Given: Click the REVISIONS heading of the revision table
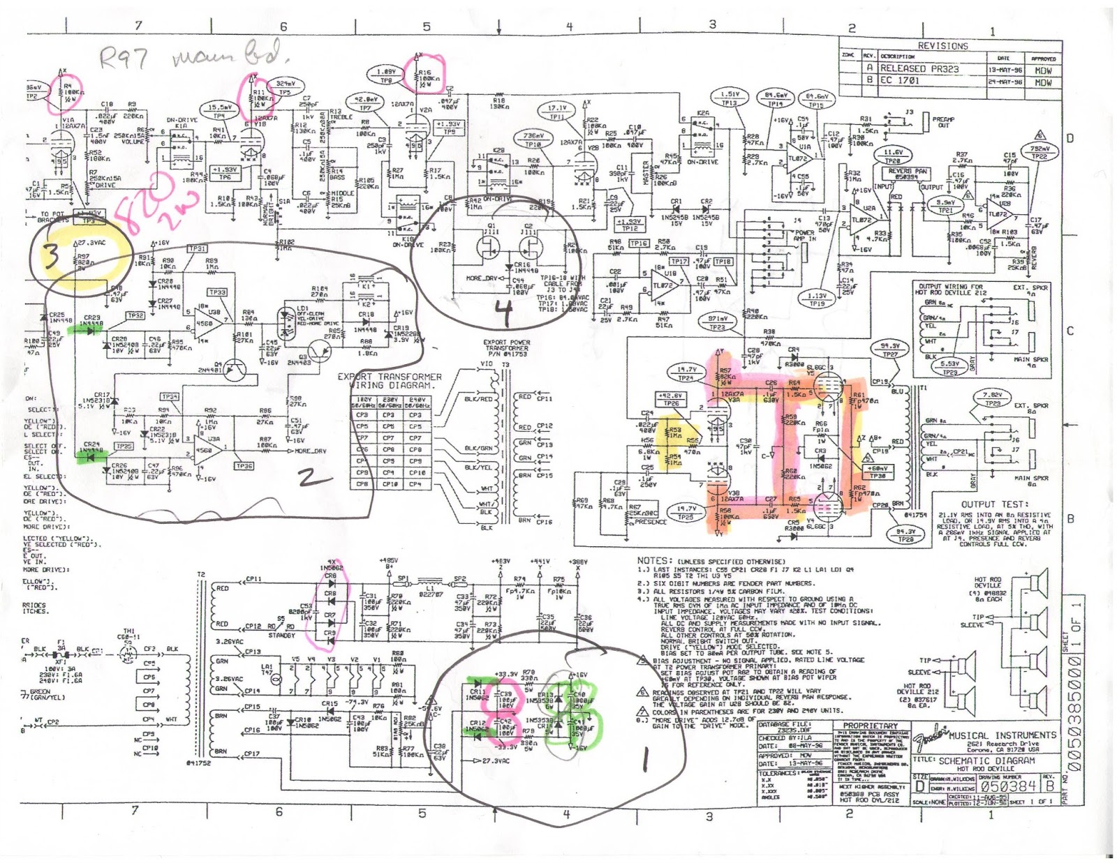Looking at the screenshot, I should point(942,46).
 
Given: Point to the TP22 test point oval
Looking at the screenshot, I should point(1040,153).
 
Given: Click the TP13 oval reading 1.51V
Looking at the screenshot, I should point(729,98).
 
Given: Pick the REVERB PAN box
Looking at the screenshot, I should point(908,174).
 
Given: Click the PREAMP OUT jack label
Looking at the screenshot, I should point(942,122).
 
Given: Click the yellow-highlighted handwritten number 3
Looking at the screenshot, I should point(52,257).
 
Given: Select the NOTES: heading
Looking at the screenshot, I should point(654,560).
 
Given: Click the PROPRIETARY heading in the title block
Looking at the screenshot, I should point(870,726).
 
